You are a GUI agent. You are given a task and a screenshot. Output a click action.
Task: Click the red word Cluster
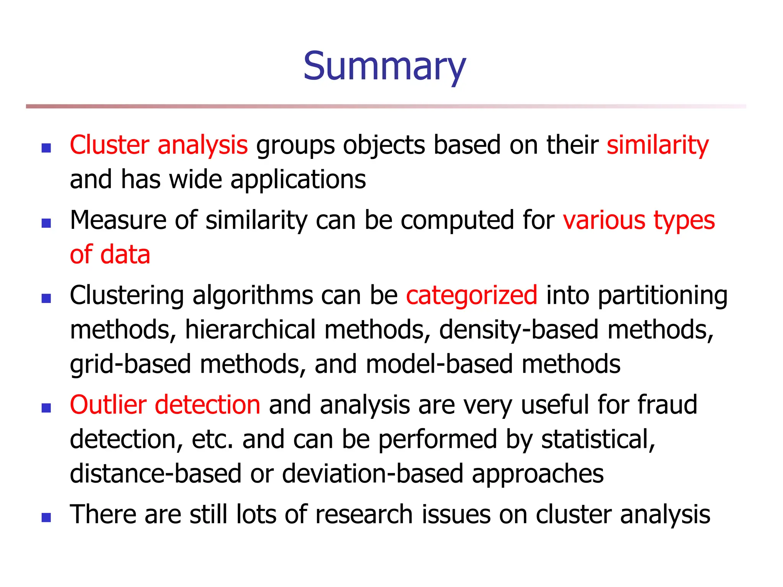click(x=109, y=145)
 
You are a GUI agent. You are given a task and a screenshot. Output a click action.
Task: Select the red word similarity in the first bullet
click(x=658, y=145)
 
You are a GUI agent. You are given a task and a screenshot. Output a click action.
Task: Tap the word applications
click(x=298, y=180)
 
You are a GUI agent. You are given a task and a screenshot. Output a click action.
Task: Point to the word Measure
click(x=118, y=221)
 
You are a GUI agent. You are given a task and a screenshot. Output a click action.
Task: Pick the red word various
click(x=604, y=221)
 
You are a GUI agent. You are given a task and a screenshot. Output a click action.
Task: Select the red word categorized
click(x=471, y=295)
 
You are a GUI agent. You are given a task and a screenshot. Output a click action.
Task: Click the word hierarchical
click(x=250, y=330)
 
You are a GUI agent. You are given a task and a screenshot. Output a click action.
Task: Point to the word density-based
click(x=519, y=330)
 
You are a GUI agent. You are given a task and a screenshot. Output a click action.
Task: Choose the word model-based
click(x=439, y=364)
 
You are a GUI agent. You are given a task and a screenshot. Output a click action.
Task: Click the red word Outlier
click(x=108, y=405)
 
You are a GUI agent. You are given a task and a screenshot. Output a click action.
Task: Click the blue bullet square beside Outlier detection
click(x=46, y=408)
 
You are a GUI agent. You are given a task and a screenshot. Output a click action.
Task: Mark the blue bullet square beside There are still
click(x=46, y=517)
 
